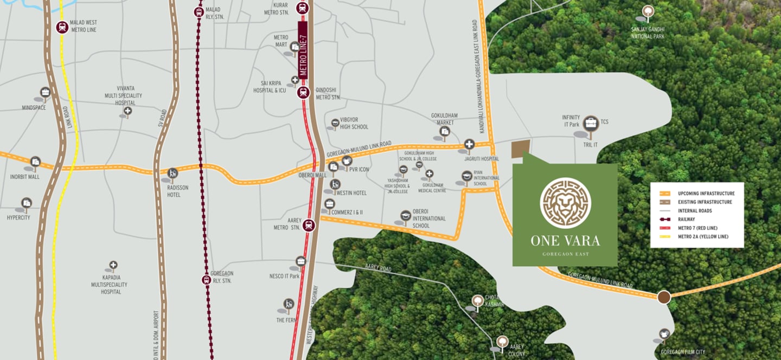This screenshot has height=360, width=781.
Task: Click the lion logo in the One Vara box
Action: point(565,203)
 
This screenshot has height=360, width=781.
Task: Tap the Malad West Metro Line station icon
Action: point(62,27)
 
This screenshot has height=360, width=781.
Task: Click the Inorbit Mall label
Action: point(25,177)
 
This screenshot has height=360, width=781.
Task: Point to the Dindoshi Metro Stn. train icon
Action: point(303,92)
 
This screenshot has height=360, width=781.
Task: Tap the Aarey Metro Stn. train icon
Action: point(309,225)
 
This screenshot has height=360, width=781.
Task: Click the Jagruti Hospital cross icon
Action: point(469,144)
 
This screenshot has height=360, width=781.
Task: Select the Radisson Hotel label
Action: point(174,191)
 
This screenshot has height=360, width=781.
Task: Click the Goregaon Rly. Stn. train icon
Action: point(206,280)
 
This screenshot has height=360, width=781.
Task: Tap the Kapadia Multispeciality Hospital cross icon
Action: point(113,266)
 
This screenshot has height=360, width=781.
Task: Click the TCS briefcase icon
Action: point(591,123)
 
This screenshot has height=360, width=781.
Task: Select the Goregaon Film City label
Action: point(683,352)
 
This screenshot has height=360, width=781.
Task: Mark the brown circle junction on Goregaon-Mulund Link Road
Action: point(664,297)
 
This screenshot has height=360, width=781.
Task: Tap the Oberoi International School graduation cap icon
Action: point(405,215)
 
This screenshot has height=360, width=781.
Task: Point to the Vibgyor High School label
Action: point(354,124)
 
